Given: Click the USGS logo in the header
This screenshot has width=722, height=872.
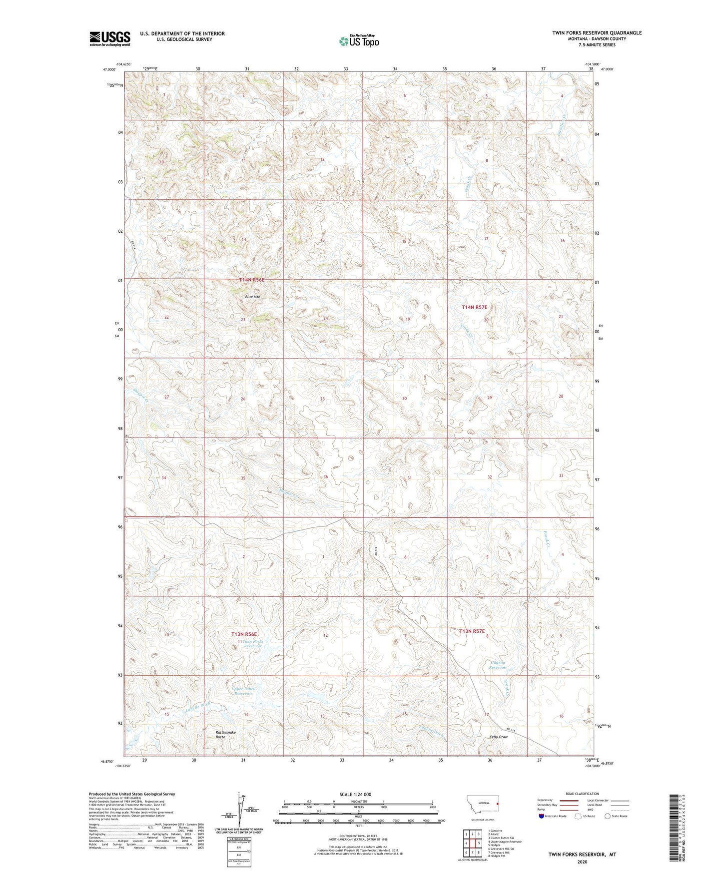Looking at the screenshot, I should [x=109, y=38].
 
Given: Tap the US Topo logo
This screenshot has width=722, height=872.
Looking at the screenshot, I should [x=359, y=40].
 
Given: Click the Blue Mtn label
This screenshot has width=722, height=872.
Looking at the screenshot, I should [x=252, y=297].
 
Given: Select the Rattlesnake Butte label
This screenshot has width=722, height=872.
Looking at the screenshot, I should [x=225, y=734].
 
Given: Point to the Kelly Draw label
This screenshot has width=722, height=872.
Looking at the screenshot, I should [x=498, y=737].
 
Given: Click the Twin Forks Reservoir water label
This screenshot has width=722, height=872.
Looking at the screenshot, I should [x=252, y=644].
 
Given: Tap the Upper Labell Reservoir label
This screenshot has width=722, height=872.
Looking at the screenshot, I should [x=244, y=691].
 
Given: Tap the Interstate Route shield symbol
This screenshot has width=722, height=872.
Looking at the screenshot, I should [x=542, y=816].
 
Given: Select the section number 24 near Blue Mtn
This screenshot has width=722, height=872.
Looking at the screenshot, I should [x=325, y=318].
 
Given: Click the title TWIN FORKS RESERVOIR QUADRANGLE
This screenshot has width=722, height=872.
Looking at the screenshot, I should [x=597, y=33].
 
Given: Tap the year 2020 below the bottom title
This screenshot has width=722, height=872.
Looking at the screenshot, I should [x=582, y=862].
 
